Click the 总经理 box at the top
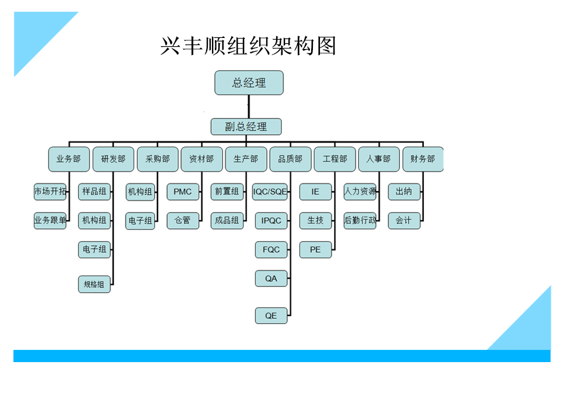tap(249, 83)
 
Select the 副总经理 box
tap(246, 127)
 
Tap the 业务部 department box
tap(68, 159)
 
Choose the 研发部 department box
tap(113, 159)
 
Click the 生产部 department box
tap(246, 159)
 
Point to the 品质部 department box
tap(290, 159)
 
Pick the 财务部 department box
tap(423, 159)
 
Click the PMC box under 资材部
tap(183, 192)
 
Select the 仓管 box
tap(183, 220)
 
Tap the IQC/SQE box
tap(271, 192)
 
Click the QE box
tap(271, 315)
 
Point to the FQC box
tap(271, 249)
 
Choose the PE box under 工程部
tap(315, 249)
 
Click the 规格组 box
tap(94, 284)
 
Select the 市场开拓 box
tap(50, 192)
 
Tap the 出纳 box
tap(404, 192)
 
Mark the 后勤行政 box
tap(360, 220)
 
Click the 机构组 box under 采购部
tap(140, 192)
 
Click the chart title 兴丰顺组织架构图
tap(248, 46)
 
